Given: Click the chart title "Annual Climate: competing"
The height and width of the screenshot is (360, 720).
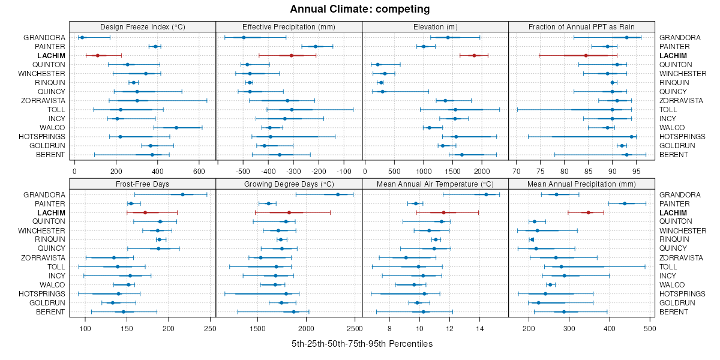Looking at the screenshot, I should point(360,9).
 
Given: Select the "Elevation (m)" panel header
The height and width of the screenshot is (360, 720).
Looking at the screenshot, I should point(436,26).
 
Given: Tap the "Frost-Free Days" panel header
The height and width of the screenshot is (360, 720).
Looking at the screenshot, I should point(142,184).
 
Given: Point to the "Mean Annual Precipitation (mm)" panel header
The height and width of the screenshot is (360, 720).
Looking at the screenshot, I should point(581,184).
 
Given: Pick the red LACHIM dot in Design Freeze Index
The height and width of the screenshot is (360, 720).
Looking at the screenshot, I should point(98,55).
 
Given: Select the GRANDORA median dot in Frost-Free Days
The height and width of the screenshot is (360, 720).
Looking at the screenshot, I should point(183,194).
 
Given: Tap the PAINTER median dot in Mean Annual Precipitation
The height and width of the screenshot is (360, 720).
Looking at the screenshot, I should point(625,203).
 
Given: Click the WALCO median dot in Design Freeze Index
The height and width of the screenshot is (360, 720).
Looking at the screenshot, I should point(176,127).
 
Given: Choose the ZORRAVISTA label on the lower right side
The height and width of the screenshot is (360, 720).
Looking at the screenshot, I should point(681,257).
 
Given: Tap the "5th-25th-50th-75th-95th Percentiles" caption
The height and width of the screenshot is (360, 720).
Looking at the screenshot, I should point(362,344).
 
